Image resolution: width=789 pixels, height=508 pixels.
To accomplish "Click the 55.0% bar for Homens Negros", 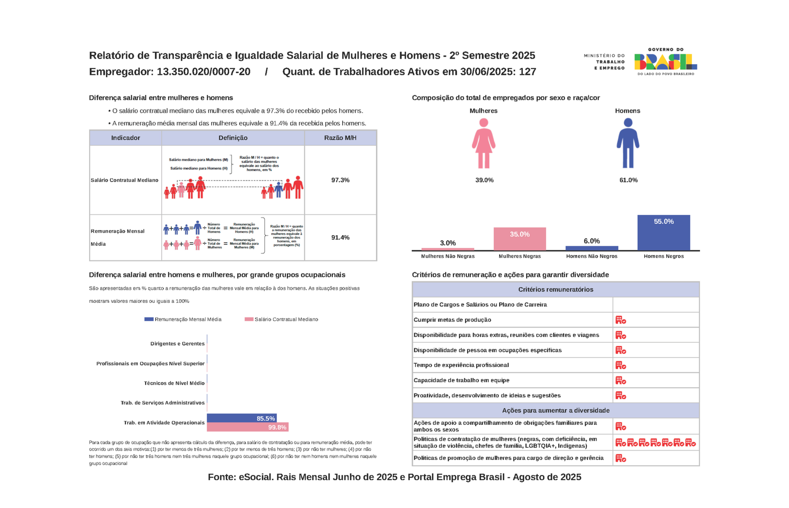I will pyautogui.click(x=664, y=233).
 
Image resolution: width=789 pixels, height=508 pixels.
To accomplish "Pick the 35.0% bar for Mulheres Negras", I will pyautogui.click(x=519, y=239).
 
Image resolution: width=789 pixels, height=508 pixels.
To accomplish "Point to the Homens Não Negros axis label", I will pyautogui.click(x=592, y=256).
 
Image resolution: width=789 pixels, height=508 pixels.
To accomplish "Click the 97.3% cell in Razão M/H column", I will pyautogui.click(x=340, y=180).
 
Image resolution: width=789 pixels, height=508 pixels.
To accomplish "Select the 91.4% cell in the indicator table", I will pyautogui.click(x=340, y=238).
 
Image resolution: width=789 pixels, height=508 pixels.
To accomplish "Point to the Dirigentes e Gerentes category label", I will pyautogui.click(x=177, y=344).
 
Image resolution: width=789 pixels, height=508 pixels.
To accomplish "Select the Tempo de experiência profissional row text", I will pyautogui.click(x=461, y=365).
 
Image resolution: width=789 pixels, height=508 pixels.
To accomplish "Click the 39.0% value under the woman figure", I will pyautogui.click(x=484, y=180).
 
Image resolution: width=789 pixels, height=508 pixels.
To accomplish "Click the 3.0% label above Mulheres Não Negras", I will pyautogui.click(x=448, y=243).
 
